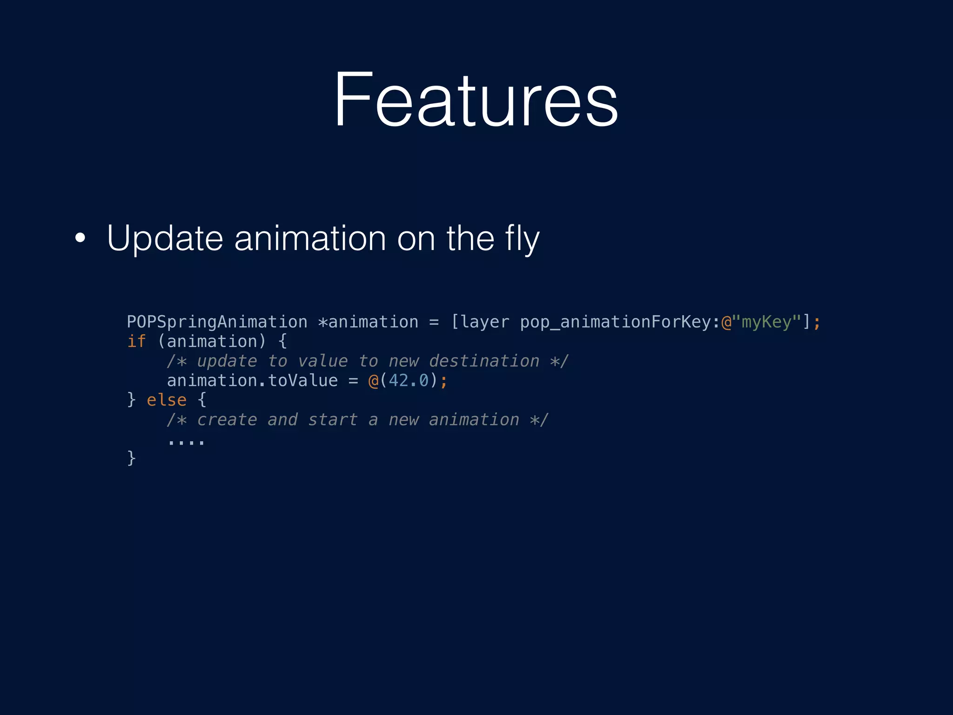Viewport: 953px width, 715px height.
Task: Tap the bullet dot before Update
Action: click(81, 238)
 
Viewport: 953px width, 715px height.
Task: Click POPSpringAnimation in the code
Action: click(217, 322)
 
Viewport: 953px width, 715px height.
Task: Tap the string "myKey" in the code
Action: click(766, 322)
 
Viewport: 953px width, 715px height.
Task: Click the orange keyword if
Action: click(136, 342)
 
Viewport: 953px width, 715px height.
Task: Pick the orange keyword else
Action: click(167, 400)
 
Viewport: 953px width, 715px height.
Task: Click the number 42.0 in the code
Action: click(409, 381)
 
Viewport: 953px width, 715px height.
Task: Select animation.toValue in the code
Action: click(252, 381)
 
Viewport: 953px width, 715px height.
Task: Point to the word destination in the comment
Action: click(484, 361)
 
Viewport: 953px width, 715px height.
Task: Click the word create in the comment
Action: click(227, 420)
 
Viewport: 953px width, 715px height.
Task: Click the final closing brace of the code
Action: click(132, 458)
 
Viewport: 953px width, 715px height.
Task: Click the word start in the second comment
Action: click(333, 420)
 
